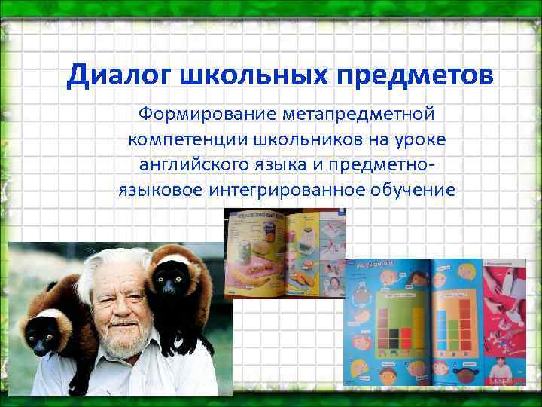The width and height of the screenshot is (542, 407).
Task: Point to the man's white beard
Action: click(x=124, y=347)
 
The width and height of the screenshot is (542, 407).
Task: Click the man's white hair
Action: click(x=113, y=260)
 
